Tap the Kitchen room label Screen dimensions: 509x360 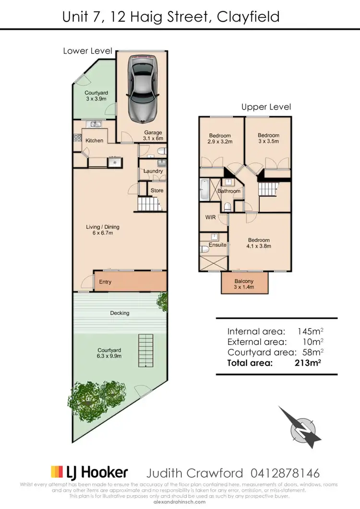click(94, 141)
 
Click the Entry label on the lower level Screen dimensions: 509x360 click(105, 282)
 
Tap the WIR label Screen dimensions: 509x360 click(210, 217)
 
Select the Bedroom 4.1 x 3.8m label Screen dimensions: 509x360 click(259, 243)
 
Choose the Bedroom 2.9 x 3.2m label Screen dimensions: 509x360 click(220, 139)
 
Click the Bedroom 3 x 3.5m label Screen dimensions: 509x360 click(268, 138)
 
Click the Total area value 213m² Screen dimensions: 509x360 click(308, 363)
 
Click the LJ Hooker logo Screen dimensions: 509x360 click(89, 473)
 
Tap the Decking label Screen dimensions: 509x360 click(120, 313)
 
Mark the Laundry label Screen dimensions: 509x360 click(153, 171)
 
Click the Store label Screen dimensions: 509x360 click(157, 190)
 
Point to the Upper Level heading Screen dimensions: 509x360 click(266, 107)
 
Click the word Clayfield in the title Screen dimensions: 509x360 click(248, 17)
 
